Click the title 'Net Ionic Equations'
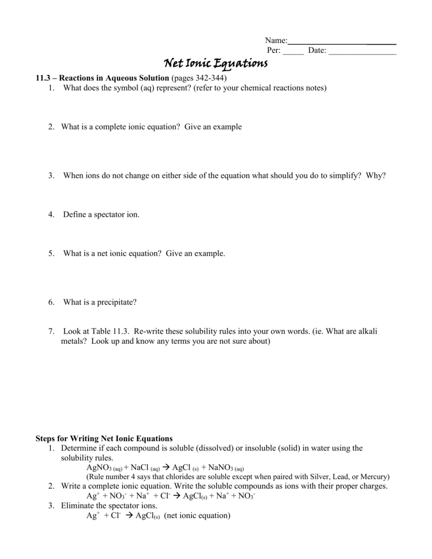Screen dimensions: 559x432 coord(216,64)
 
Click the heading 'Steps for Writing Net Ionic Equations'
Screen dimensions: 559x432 coord(104,438)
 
